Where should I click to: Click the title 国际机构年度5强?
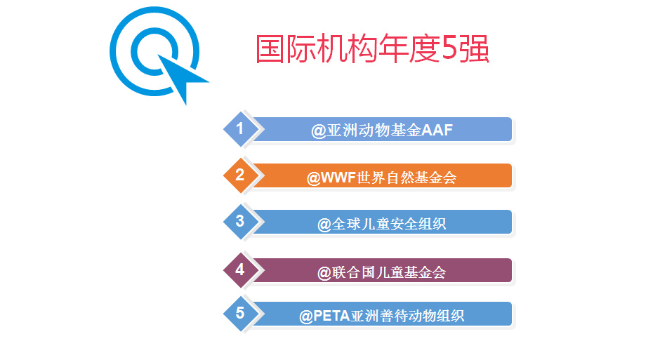tap(372, 49)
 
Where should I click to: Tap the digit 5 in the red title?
tap(449, 48)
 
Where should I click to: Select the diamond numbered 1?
tap(240, 129)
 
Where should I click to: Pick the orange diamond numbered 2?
tap(240, 175)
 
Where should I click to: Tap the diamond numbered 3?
tap(240, 222)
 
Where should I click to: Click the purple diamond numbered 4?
tap(240, 270)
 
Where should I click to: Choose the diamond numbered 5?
tap(240, 313)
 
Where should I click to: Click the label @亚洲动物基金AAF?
tap(382, 130)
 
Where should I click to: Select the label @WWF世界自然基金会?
tap(381, 178)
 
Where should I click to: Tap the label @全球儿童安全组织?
tap(381, 224)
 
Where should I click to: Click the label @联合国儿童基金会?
tap(381, 272)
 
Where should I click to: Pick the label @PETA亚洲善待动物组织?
tap(381, 315)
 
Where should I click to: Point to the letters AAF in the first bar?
tap(437, 130)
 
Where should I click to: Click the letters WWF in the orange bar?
tap(338, 177)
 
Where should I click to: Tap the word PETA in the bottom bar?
tap(331, 315)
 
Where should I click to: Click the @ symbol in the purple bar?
tap(324, 273)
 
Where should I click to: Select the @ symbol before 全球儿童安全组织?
tap(324, 225)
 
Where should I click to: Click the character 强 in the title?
tap(474, 49)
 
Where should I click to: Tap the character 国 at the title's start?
tap(270, 49)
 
